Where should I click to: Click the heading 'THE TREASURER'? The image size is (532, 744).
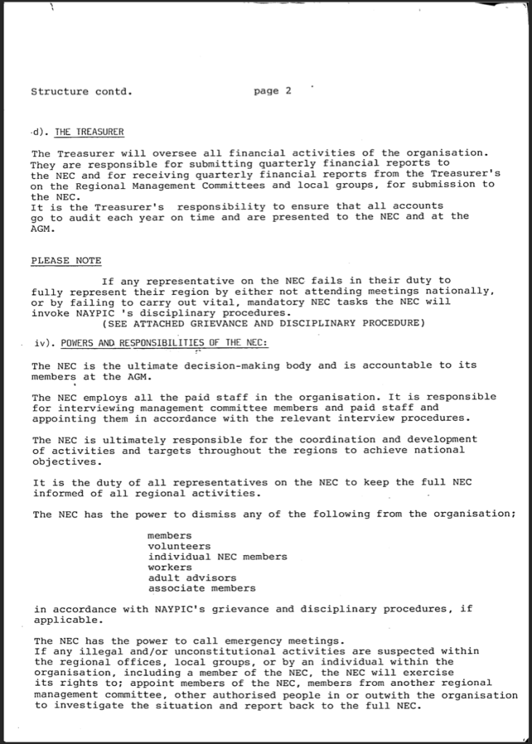[89, 132]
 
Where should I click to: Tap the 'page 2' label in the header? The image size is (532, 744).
[273, 91]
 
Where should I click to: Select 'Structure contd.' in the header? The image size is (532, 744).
[81, 92]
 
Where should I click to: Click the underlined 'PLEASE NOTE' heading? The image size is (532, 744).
[66, 260]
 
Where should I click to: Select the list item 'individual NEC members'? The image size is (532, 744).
[217, 557]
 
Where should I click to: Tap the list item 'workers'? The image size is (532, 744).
[170, 567]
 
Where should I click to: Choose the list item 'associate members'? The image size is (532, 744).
[201, 588]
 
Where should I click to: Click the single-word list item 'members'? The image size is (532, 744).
[170, 535]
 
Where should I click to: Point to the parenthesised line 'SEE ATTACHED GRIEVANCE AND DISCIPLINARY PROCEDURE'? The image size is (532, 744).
[263, 323]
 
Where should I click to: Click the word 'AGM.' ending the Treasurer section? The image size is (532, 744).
[43, 227]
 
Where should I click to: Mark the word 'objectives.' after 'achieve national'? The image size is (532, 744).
[64, 461]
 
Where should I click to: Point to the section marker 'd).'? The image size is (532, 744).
[39, 132]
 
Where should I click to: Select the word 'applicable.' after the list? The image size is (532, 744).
[64, 620]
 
